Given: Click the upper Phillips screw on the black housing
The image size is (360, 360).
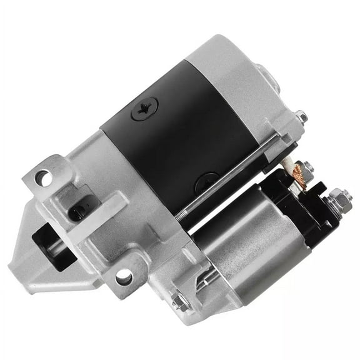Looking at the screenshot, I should click(144, 108).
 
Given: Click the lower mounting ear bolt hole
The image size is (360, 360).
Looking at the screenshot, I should click(124, 275).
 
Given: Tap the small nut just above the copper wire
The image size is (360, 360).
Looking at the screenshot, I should click(307, 167).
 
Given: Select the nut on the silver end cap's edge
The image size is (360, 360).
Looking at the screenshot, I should click(301, 116).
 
